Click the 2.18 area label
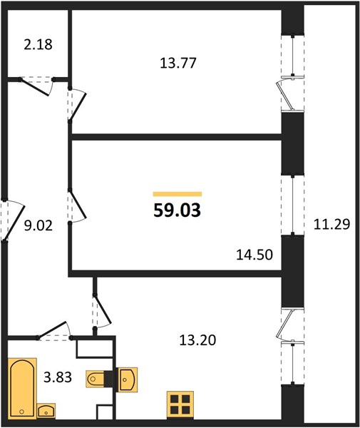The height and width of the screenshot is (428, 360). (38, 45)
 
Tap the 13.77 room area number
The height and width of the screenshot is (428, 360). (178, 63)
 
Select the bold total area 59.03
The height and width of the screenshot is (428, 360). (178, 210)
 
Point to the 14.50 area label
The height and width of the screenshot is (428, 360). (254, 255)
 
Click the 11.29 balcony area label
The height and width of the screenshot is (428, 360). (331, 225)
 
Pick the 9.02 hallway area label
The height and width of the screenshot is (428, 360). (38, 225)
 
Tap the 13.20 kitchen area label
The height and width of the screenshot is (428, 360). (197, 340)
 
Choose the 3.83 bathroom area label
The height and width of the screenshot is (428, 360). (58, 377)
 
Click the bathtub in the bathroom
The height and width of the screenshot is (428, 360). (22, 389)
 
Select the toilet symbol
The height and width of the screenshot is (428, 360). (96, 379)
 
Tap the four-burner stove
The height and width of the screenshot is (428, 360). (180, 404)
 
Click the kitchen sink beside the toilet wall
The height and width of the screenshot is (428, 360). (127, 379)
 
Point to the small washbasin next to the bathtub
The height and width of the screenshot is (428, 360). (46, 411)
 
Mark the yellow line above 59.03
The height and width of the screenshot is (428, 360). (178, 194)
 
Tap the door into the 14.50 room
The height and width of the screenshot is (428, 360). (78, 205)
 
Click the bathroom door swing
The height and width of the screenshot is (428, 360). (53, 329)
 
